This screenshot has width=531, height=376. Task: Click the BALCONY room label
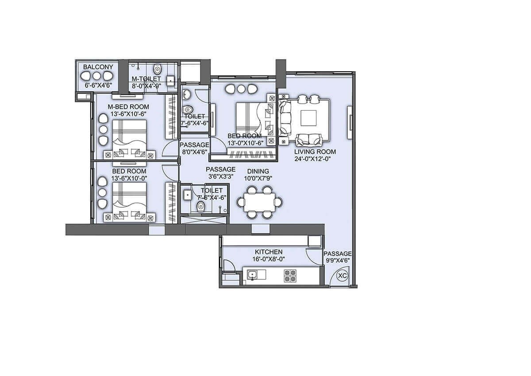[x=98, y=67]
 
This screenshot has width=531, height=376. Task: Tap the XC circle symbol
[x=342, y=275]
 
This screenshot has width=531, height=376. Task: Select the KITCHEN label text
[x=269, y=252]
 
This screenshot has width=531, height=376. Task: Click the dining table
[x=259, y=202]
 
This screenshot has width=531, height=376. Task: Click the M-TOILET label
[x=146, y=79]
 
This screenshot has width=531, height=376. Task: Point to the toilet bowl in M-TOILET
[x=157, y=70]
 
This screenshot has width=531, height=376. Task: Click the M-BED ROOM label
[x=129, y=107]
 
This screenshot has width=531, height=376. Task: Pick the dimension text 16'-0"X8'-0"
[x=269, y=259]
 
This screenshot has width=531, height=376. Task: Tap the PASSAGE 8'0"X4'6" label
[x=194, y=145]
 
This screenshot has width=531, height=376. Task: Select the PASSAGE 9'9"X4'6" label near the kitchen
[x=337, y=254]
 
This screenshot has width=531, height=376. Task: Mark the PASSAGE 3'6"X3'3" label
[x=221, y=169]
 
